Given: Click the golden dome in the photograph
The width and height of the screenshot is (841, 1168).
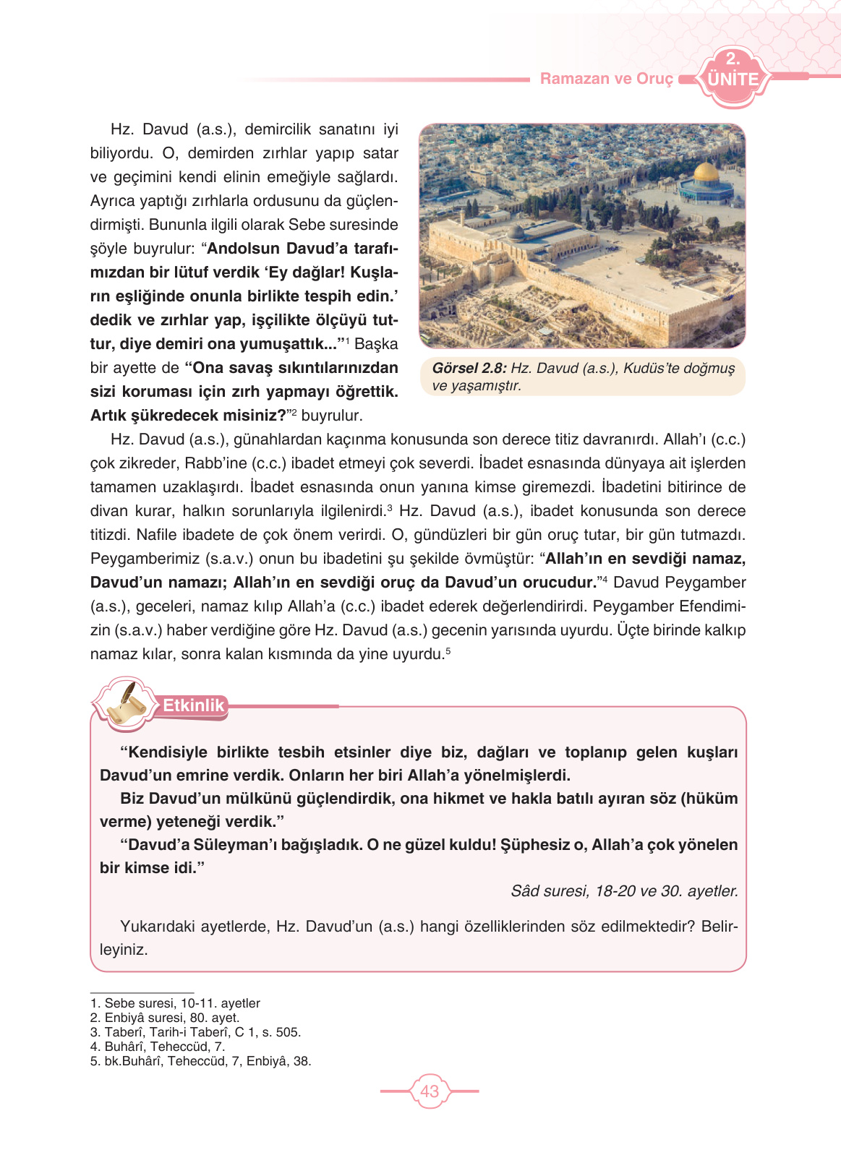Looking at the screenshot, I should (x=704, y=173).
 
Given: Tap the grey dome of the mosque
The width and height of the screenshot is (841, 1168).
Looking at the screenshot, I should (x=516, y=232).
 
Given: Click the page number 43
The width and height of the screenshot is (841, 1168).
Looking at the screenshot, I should (x=430, y=1091).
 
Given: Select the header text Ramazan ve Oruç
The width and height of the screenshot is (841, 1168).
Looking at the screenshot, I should (x=606, y=79).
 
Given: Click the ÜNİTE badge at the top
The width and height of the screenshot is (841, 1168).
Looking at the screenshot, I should (x=732, y=78).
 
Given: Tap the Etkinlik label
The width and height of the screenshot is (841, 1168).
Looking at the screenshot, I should (x=193, y=705).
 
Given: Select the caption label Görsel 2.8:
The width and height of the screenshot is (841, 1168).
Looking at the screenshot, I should (x=469, y=368).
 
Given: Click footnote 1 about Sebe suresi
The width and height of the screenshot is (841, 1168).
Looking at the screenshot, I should (x=175, y=1003).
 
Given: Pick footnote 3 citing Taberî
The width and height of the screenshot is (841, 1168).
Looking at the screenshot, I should (x=195, y=1032).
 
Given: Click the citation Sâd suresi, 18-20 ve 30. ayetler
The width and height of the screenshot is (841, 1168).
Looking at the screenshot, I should (x=624, y=891).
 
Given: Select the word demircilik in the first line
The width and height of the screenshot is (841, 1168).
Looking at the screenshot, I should (x=278, y=129).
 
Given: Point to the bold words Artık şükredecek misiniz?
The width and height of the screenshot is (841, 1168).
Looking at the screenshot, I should (x=188, y=416).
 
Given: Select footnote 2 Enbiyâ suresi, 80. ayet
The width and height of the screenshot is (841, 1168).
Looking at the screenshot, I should (x=165, y=1018).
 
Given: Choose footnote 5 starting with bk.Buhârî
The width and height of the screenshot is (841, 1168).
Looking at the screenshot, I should (x=200, y=1061).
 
